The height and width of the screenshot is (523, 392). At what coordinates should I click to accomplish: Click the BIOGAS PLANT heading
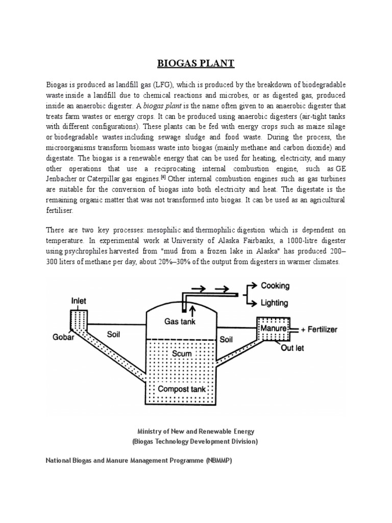[195, 63]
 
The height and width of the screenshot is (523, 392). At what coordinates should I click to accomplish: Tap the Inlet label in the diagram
[78, 301]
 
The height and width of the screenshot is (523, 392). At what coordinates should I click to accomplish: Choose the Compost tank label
[181, 389]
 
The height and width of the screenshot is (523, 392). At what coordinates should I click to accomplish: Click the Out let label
[292, 349]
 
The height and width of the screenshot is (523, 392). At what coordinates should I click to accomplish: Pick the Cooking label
[275, 286]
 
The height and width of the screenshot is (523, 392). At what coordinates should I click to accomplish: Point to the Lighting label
[275, 302]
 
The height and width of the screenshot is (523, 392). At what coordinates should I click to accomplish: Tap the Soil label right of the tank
[226, 339]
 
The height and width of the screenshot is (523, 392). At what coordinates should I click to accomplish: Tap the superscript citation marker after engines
[163, 177]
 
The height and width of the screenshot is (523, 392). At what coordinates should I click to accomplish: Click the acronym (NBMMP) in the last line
[219, 461]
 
